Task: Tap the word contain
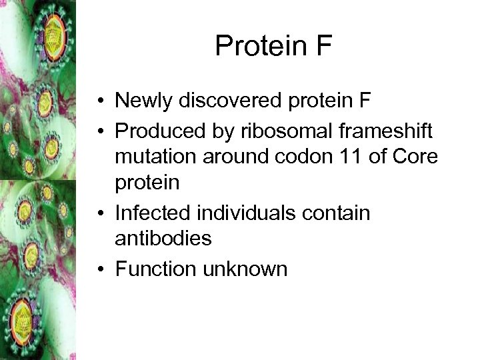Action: point(342,214)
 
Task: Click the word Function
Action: point(155,269)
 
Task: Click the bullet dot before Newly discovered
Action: point(98,101)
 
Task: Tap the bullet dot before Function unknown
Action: point(98,269)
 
